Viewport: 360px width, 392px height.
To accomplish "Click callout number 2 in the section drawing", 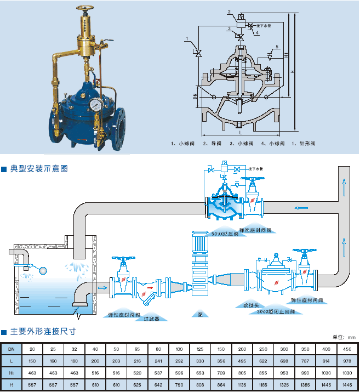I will pos(228,11).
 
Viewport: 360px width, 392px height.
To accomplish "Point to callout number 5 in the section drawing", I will pos(277,46).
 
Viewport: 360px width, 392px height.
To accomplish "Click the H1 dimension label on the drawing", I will pos(286,55).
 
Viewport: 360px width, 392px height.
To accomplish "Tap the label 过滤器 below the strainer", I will pos(151,317).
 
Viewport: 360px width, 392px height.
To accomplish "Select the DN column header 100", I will pos(179,349).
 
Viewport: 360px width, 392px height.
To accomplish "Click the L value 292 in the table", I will pos(179,360).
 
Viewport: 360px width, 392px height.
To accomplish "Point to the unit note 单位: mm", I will pos(345,337).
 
